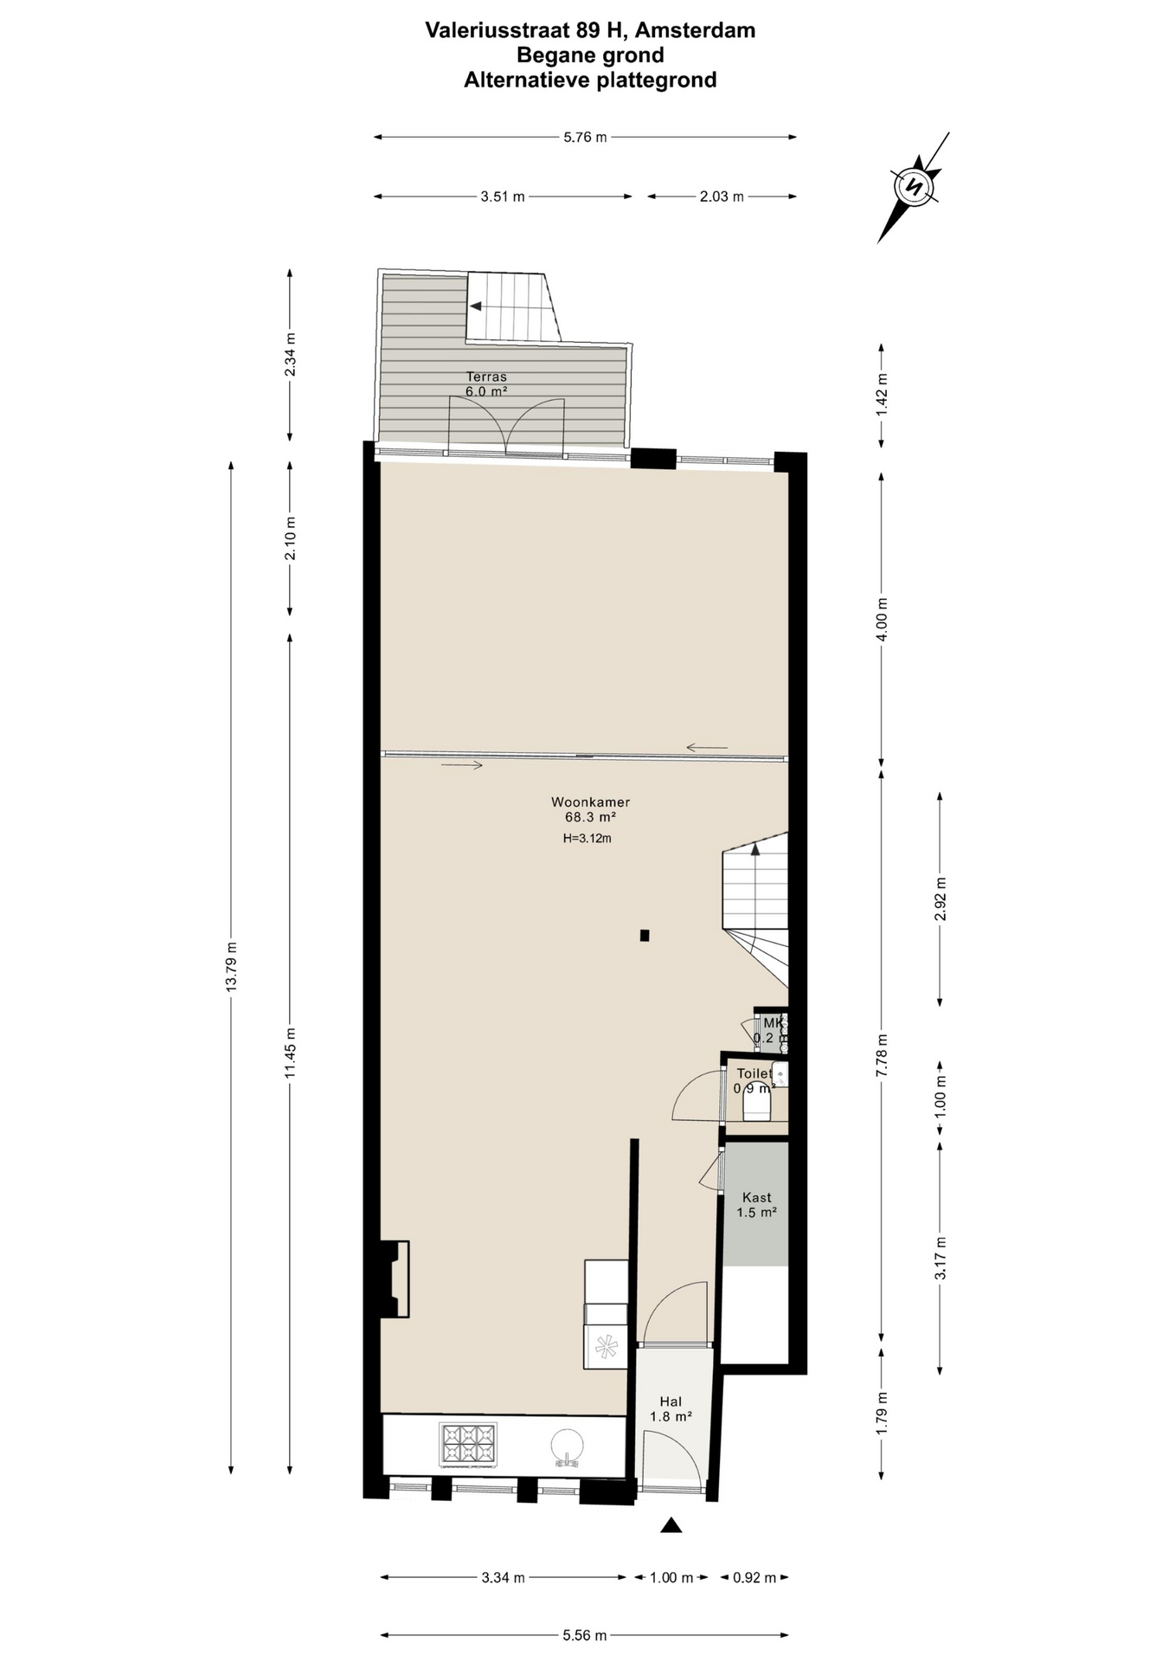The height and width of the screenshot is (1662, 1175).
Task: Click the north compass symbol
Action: tap(914, 186)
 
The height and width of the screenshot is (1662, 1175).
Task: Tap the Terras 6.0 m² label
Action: tap(486, 383)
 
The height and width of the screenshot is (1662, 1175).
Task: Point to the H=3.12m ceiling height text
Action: tap(587, 838)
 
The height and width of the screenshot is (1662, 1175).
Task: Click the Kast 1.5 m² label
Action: tap(756, 1205)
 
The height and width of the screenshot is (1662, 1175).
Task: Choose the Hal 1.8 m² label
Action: tap(671, 1409)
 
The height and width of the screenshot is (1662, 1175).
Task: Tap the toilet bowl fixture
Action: tap(756, 1101)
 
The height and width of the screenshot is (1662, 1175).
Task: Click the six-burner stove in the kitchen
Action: tap(468, 1446)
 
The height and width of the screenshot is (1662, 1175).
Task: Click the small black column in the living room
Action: tap(645, 935)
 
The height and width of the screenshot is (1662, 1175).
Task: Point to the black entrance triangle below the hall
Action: tap(671, 1525)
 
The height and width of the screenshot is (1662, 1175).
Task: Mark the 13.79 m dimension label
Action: tap(231, 967)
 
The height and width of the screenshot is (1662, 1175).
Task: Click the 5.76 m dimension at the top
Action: tap(585, 137)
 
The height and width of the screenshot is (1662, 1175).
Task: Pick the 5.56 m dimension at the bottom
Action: tap(585, 1635)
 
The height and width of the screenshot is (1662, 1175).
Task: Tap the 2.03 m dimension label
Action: tap(722, 196)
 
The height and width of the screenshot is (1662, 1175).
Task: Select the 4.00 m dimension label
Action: tap(882, 619)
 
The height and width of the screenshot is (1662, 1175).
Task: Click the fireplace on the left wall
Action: tap(395, 1279)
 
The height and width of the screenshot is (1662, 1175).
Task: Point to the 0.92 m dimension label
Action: tap(754, 1577)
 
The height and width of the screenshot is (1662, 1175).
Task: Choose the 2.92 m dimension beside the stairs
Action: tap(941, 899)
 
